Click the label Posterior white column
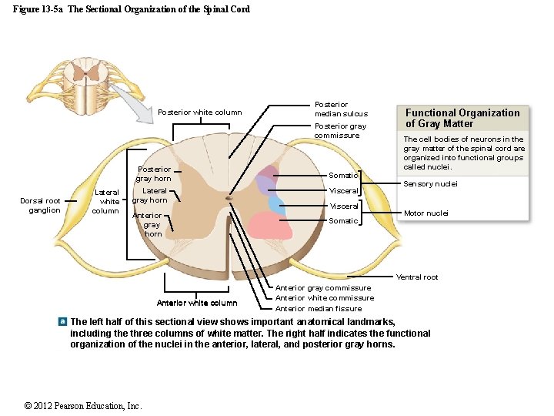tap(199, 112)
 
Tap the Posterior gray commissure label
tap(340, 130)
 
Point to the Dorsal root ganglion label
tap(41, 206)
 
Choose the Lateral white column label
tap(106, 201)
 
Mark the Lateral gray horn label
tap(151, 196)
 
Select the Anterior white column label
tap(196, 303)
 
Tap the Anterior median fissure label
tap(319, 309)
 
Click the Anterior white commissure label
tap(325, 298)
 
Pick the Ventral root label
tap(417, 277)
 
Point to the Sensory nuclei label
tap(430, 184)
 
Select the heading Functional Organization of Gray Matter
tap(462, 118)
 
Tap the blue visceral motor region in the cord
tap(276, 204)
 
